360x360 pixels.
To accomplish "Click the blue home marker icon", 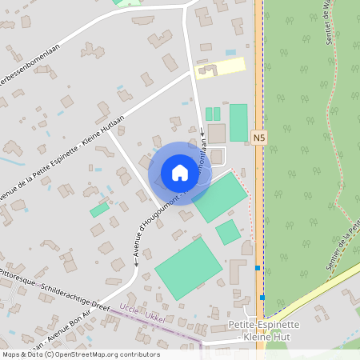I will click(x=179, y=173).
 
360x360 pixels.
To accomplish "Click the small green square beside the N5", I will click(x=228, y=232).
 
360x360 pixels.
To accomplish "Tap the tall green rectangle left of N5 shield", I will click(x=238, y=122).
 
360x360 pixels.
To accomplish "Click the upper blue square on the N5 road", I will click(x=257, y=267).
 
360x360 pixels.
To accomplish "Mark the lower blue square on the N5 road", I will click(x=262, y=298).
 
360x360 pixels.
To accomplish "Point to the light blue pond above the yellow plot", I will click(x=230, y=52).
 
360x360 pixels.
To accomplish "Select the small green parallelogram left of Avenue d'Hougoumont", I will click(x=99, y=210).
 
